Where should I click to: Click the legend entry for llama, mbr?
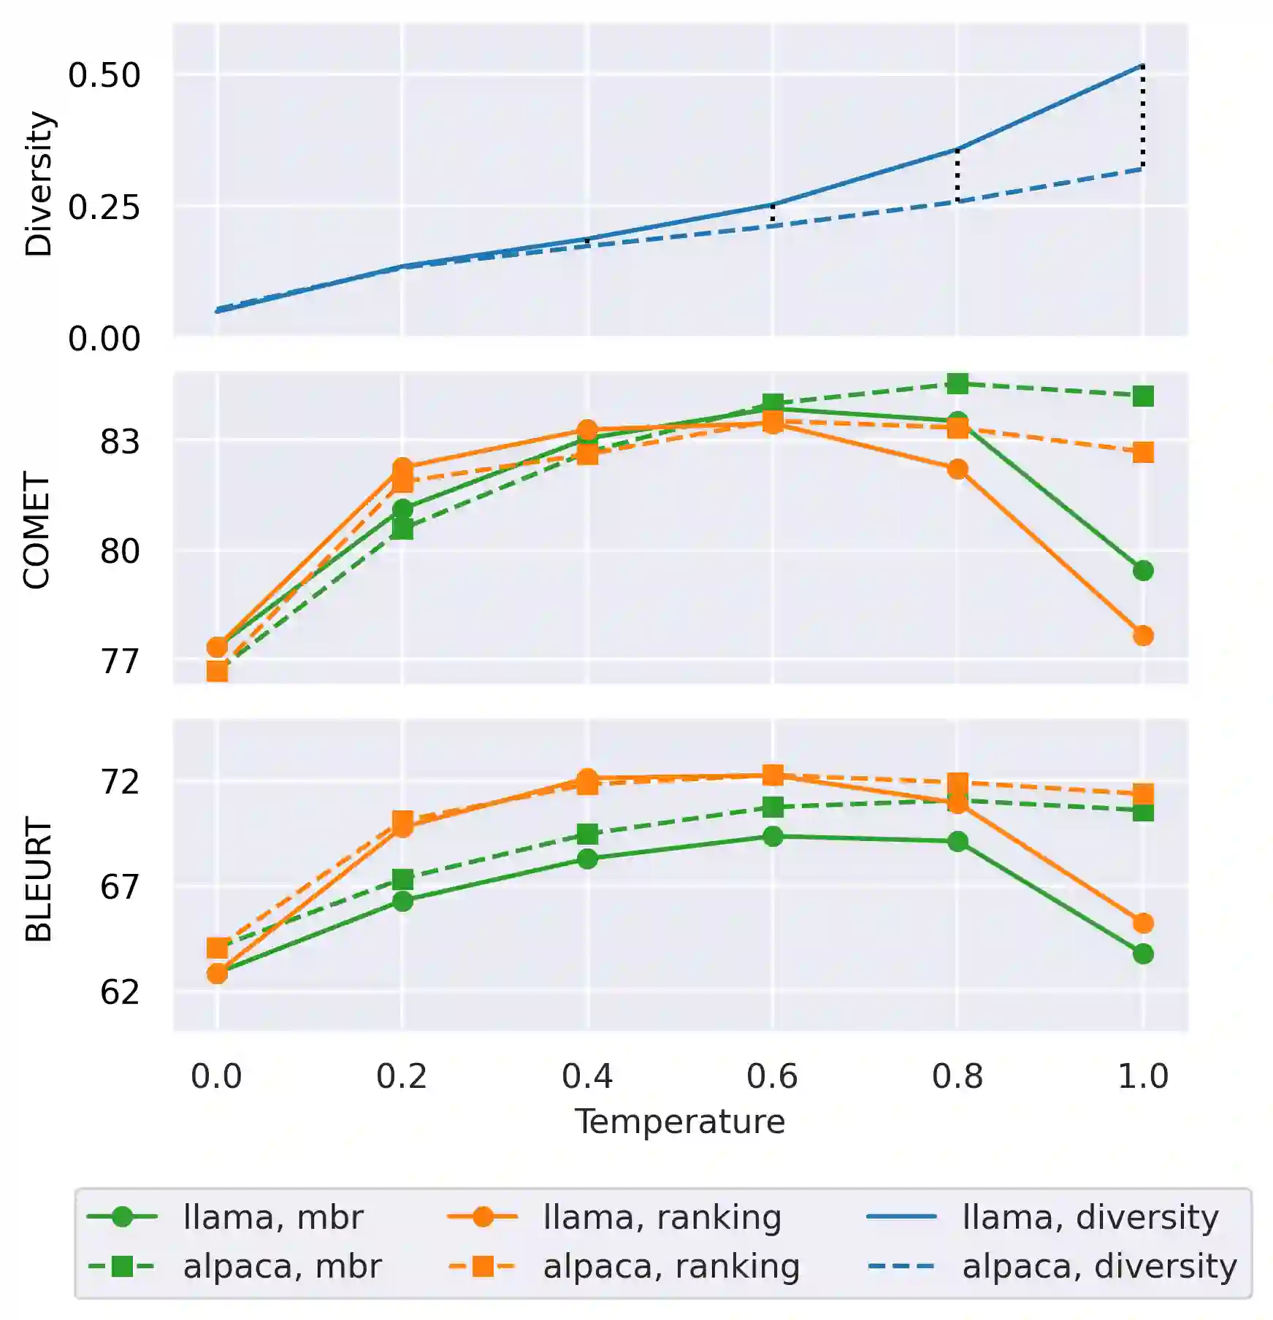272,1217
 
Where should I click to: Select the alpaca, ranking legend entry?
670,1266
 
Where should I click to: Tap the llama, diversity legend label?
1090,1217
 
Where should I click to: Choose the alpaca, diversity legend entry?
1098,1266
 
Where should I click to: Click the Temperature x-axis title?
679,1121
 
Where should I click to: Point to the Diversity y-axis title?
39,183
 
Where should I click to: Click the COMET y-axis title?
37,529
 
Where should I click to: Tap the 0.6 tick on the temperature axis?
772,1076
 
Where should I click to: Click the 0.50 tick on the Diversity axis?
104,75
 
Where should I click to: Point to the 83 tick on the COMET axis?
120,442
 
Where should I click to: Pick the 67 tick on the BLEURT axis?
120,887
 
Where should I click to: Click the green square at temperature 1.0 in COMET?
1143,396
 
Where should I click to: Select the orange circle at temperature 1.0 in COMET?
1143,636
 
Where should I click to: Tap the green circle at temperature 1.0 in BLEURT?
1143,953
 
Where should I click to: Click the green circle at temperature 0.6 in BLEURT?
773,837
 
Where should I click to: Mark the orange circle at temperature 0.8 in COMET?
957,469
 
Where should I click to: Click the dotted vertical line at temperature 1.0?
1143,117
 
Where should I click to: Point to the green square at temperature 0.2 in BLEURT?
402,879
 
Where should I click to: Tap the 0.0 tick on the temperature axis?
216,1076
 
